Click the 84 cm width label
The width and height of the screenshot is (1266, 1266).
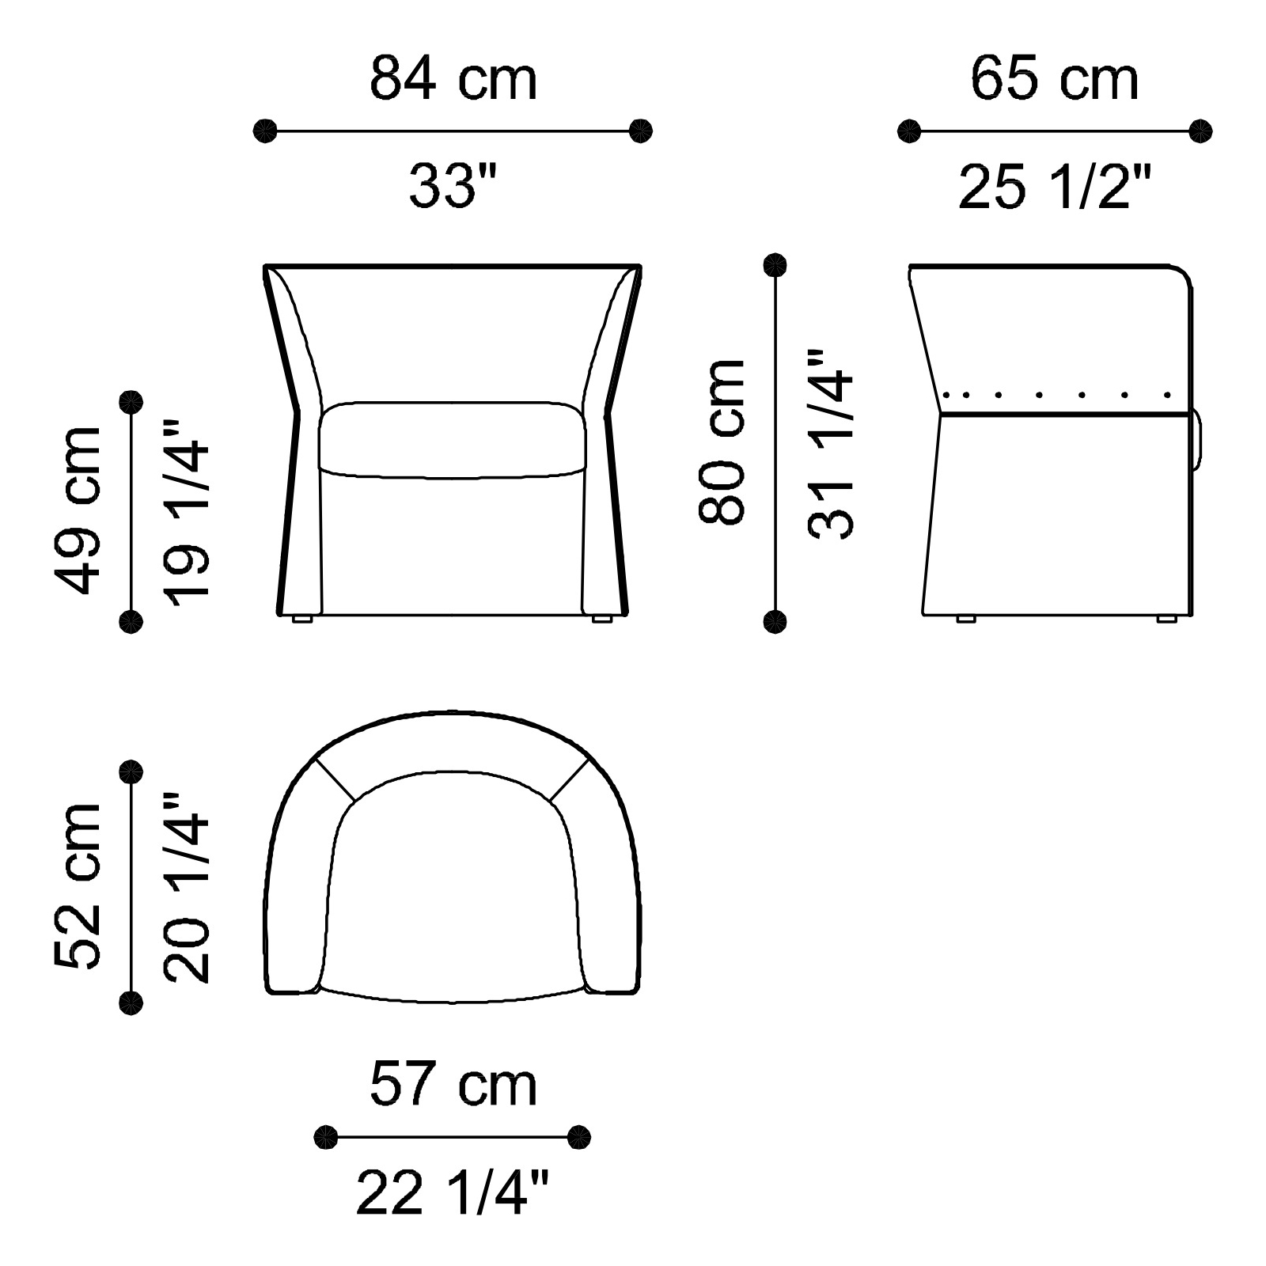(453, 79)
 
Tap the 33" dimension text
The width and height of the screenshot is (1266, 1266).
(453, 187)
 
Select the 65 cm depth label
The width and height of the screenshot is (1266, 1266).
(1054, 79)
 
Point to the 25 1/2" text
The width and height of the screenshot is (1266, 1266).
(1054, 187)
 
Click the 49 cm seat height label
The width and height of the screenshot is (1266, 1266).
(78, 510)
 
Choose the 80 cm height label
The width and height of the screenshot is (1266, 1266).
(722, 441)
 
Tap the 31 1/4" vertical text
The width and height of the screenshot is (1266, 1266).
(831, 444)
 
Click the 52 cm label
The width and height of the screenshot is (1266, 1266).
(78, 886)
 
